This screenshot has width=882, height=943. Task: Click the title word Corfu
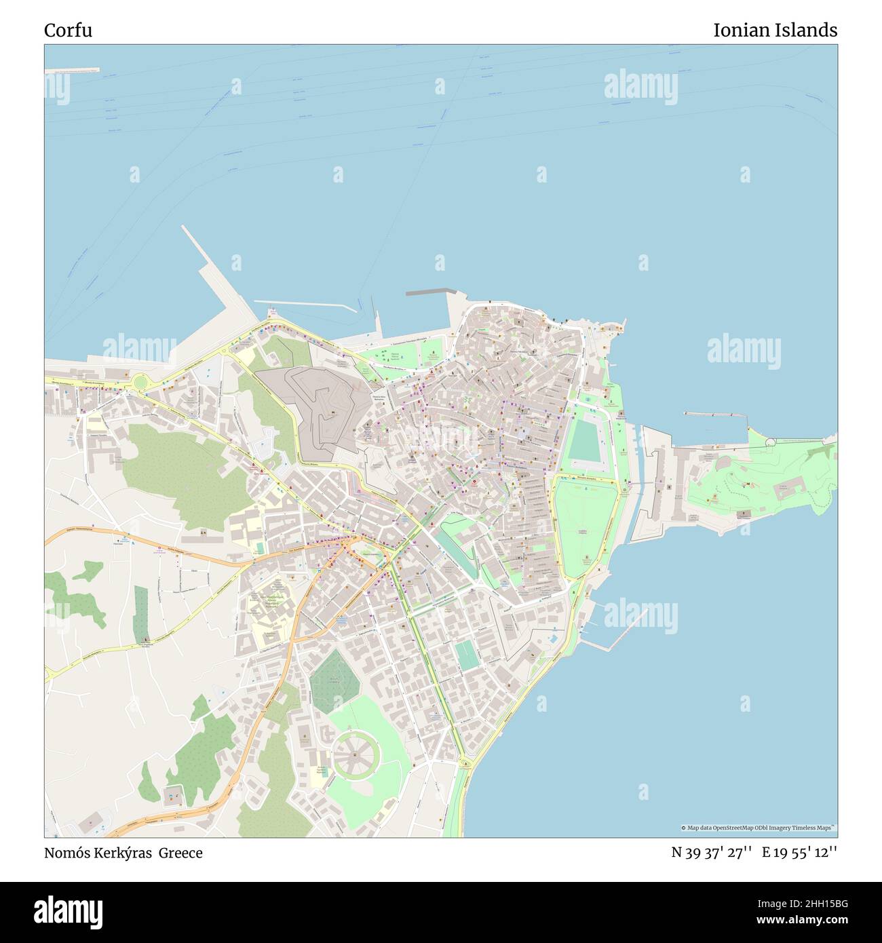[68, 31]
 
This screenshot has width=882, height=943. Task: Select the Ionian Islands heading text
[775, 31]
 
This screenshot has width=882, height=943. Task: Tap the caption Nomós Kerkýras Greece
[123, 853]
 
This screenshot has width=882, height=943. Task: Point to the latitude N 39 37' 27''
[711, 853]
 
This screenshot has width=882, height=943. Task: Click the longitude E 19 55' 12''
[799, 853]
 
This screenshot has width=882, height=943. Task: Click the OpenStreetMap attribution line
[758, 828]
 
